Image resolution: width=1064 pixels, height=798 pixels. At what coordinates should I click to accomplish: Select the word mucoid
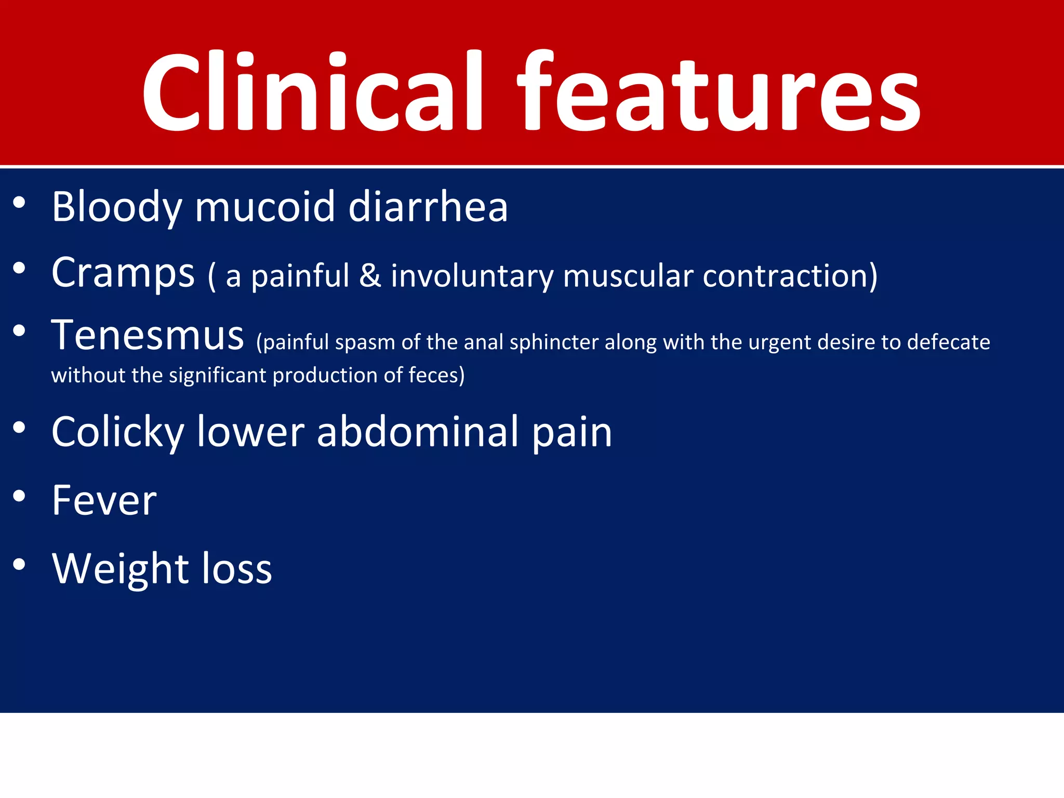click(264, 207)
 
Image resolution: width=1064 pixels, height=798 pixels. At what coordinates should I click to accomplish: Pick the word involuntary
click(472, 276)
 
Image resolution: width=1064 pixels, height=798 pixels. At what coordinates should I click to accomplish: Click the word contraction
click(789, 275)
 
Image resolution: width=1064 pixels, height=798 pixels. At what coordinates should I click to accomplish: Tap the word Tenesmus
click(148, 336)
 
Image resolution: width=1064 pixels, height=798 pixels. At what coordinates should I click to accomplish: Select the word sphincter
click(554, 343)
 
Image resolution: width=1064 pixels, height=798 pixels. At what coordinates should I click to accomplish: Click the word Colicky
click(118, 433)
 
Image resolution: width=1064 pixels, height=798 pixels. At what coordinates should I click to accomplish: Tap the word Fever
click(104, 501)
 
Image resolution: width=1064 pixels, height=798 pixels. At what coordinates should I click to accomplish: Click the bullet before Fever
click(19, 496)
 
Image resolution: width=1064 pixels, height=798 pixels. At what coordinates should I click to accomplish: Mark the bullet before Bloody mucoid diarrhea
click(19, 203)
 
